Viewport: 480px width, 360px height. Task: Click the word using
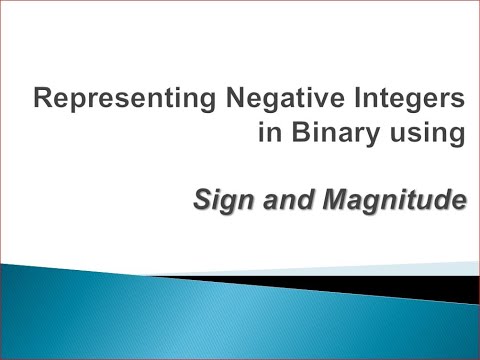point(431,139)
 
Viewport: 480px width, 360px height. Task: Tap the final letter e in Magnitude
point(460,202)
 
